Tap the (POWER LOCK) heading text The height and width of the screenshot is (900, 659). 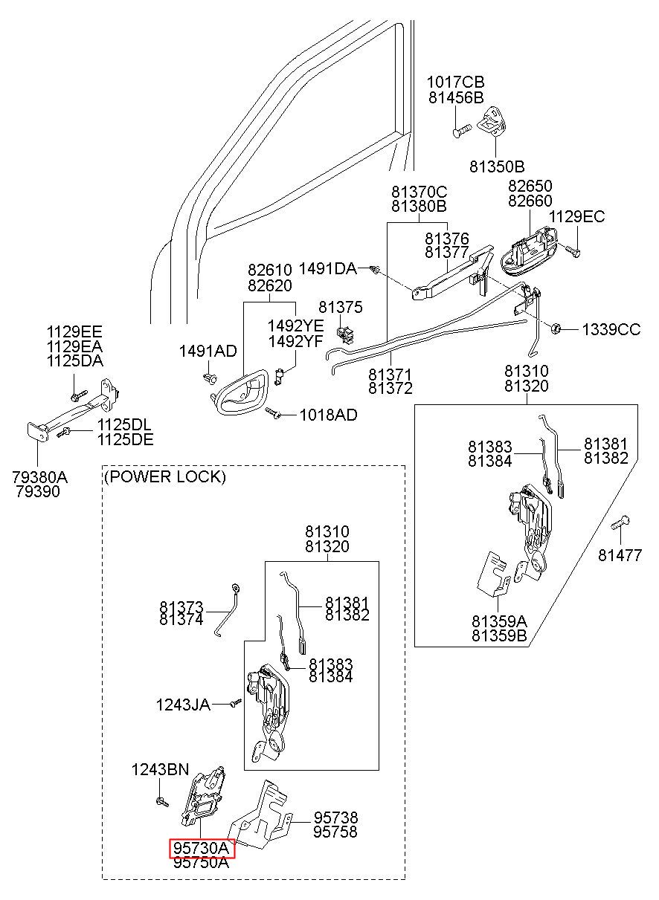[x=165, y=476]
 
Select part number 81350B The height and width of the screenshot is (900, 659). [x=497, y=166]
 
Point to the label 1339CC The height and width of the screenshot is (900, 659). [x=611, y=329]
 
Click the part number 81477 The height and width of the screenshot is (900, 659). [x=620, y=555]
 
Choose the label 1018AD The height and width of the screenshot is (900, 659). [x=329, y=415]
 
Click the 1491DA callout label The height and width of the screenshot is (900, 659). [x=328, y=268]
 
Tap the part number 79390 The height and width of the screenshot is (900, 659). [x=38, y=491]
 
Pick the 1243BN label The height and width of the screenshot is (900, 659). [x=160, y=769]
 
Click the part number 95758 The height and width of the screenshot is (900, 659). [x=335, y=832]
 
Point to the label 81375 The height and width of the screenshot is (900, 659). [x=341, y=307]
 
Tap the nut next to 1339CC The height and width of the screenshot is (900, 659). [x=556, y=328]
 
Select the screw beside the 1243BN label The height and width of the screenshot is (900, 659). [x=162, y=802]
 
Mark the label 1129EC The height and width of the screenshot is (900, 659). [x=576, y=217]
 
